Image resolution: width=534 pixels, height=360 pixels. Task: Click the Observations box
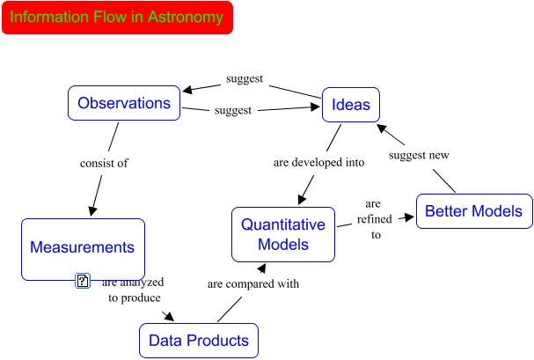pyautogui.click(x=124, y=103)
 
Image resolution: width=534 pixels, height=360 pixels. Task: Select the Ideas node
pyautogui.click(x=350, y=106)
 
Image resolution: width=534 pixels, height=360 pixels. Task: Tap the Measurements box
pyautogui.click(x=83, y=248)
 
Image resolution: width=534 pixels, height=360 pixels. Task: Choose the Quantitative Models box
pyautogui.click(x=283, y=234)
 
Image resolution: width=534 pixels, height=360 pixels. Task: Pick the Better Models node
pyautogui.click(x=473, y=211)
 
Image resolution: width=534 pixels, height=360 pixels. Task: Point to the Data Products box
pyautogui.click(x=198, y=341)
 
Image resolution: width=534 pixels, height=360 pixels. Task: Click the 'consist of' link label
pyautogui.click(x=104, y=163)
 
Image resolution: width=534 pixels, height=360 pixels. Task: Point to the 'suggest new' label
pyautogui.click(x=419, y=156)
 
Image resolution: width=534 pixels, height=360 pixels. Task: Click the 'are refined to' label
pyautogui.click(x=374, y=218)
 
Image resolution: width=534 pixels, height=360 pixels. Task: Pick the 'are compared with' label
pyautogui.click(x=253, y=284)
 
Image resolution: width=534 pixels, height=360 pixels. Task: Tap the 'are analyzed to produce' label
pyautogui.click(x=133, y=290)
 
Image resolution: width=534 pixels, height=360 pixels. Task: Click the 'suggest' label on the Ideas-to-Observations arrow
pyautogui.click(x=245, y=78)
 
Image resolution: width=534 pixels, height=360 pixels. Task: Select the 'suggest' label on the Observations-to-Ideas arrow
pyautogui.click(x=233, y=111)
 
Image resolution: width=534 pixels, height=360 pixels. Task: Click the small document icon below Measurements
pyautogui.click(x=83, y=281)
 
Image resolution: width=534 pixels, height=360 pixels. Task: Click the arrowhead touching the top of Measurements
pyautogui.click(x=91, y=210)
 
